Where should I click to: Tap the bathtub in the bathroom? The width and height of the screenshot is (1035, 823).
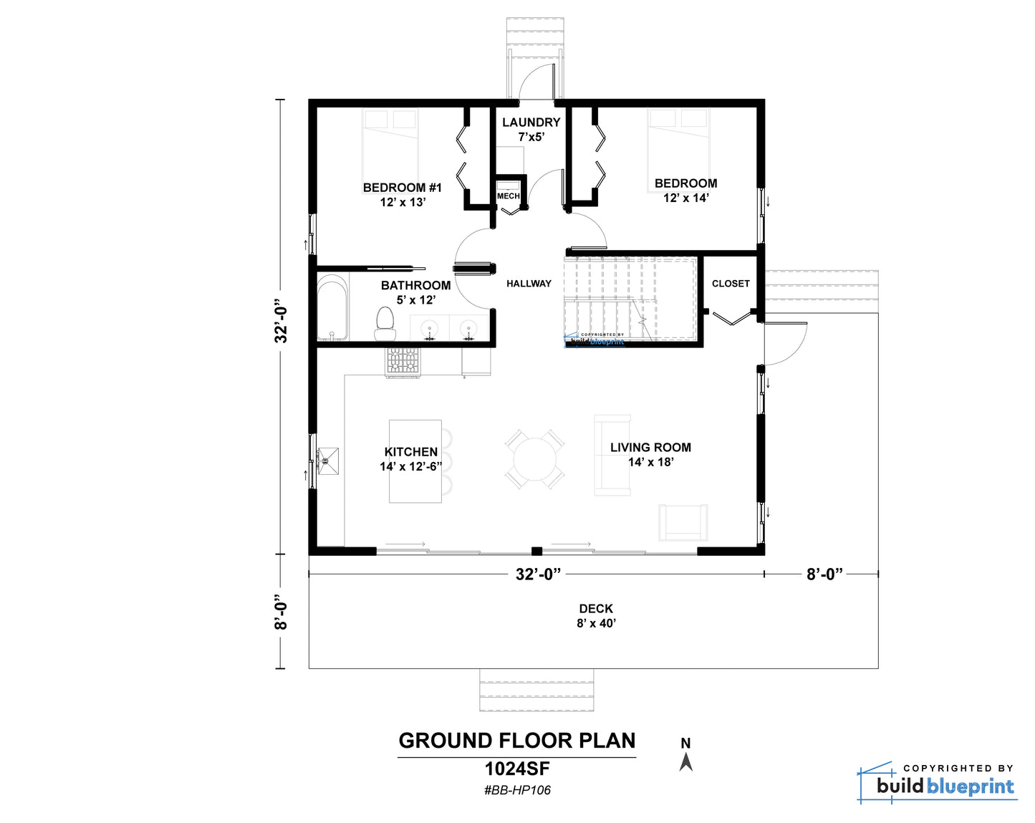[332, 308]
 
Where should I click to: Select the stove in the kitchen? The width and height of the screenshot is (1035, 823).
[402, 361]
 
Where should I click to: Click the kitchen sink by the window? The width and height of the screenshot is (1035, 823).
[328, 461]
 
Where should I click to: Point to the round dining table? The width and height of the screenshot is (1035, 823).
[534, 459]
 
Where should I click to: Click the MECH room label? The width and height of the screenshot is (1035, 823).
[508, 196]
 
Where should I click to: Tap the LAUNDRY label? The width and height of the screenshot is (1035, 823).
[531, 122]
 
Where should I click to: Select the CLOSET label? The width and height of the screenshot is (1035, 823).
[731, 284]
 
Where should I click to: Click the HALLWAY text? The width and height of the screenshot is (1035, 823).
[529, 284]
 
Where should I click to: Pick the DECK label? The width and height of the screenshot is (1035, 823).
[596, 608]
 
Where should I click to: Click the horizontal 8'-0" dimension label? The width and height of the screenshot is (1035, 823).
[824, 574]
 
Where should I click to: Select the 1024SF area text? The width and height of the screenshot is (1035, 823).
[517, 769]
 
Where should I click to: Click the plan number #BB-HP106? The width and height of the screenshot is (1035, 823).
[517, 790]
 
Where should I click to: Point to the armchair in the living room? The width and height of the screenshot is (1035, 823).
[683, 522]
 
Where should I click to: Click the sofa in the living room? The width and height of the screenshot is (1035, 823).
[612, 455]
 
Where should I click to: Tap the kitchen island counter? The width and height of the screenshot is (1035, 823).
[415, 461]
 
